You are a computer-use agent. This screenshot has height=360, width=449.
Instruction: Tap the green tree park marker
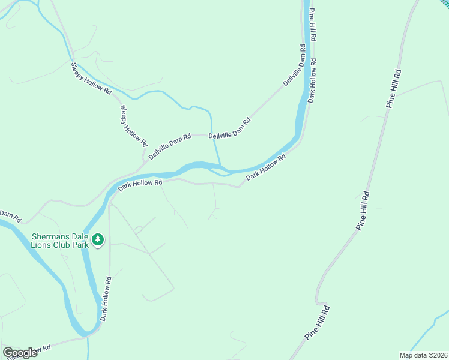[x=98, y=240]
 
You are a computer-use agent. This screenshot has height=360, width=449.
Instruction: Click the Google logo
[x=20, y=353]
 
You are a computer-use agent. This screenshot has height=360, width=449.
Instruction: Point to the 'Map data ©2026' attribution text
[x=423, y=355]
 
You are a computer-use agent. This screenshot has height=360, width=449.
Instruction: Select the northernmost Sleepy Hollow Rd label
[x=91, y=79]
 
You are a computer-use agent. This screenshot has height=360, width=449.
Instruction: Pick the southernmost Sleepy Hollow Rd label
[x=133, y=125]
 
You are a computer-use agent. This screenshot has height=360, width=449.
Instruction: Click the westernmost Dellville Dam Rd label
[x=170, y=146]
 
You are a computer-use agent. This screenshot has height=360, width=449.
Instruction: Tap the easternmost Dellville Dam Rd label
[x=295, y=69]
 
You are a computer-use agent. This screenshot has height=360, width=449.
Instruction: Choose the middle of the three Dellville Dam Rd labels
[x=229, y=128]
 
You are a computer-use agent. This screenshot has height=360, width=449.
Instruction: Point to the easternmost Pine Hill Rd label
[x=394, y=89]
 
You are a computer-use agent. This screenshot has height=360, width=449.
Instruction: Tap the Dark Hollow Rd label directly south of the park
[x=106, y=298]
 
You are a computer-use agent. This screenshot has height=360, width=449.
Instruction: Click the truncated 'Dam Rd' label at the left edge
[x=10, y=214]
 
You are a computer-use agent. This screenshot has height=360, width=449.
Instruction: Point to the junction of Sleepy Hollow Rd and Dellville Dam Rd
[x=145, y=158]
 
